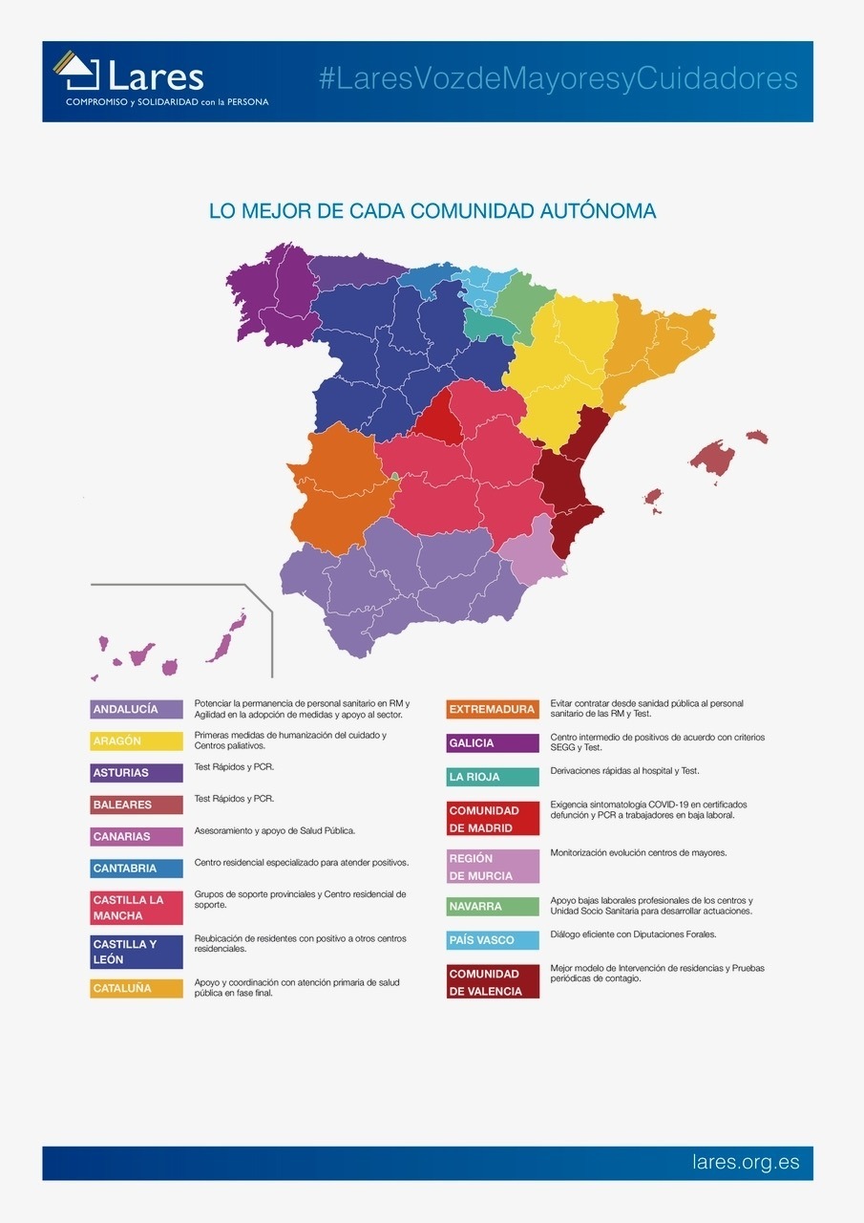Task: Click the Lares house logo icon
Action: tap(76, 72)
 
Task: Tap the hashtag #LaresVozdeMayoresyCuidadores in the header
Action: tap(558, 79)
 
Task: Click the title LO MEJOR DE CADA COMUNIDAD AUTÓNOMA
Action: tap(432, 210)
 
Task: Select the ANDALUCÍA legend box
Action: tap(137, 709)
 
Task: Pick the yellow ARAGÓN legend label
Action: tap(137, 740)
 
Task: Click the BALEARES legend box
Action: tap(137, 805)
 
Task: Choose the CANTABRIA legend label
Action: tap(137, 869)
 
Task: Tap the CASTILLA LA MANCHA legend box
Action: tap(137, 908)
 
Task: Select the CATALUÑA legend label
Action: tap(137, 988)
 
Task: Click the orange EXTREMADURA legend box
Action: tap(493, 709)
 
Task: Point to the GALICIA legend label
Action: tap(493, 742)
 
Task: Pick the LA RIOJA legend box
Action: tap(493, 777)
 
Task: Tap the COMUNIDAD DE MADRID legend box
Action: tap(493, 819)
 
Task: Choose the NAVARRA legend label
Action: tap(493, 906)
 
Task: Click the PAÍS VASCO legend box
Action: tap(493, 940)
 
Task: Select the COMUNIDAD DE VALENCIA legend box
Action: tap(493, 982)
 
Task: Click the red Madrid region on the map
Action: tap(438, 420)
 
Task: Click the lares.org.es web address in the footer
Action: tap(746, 1163)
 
